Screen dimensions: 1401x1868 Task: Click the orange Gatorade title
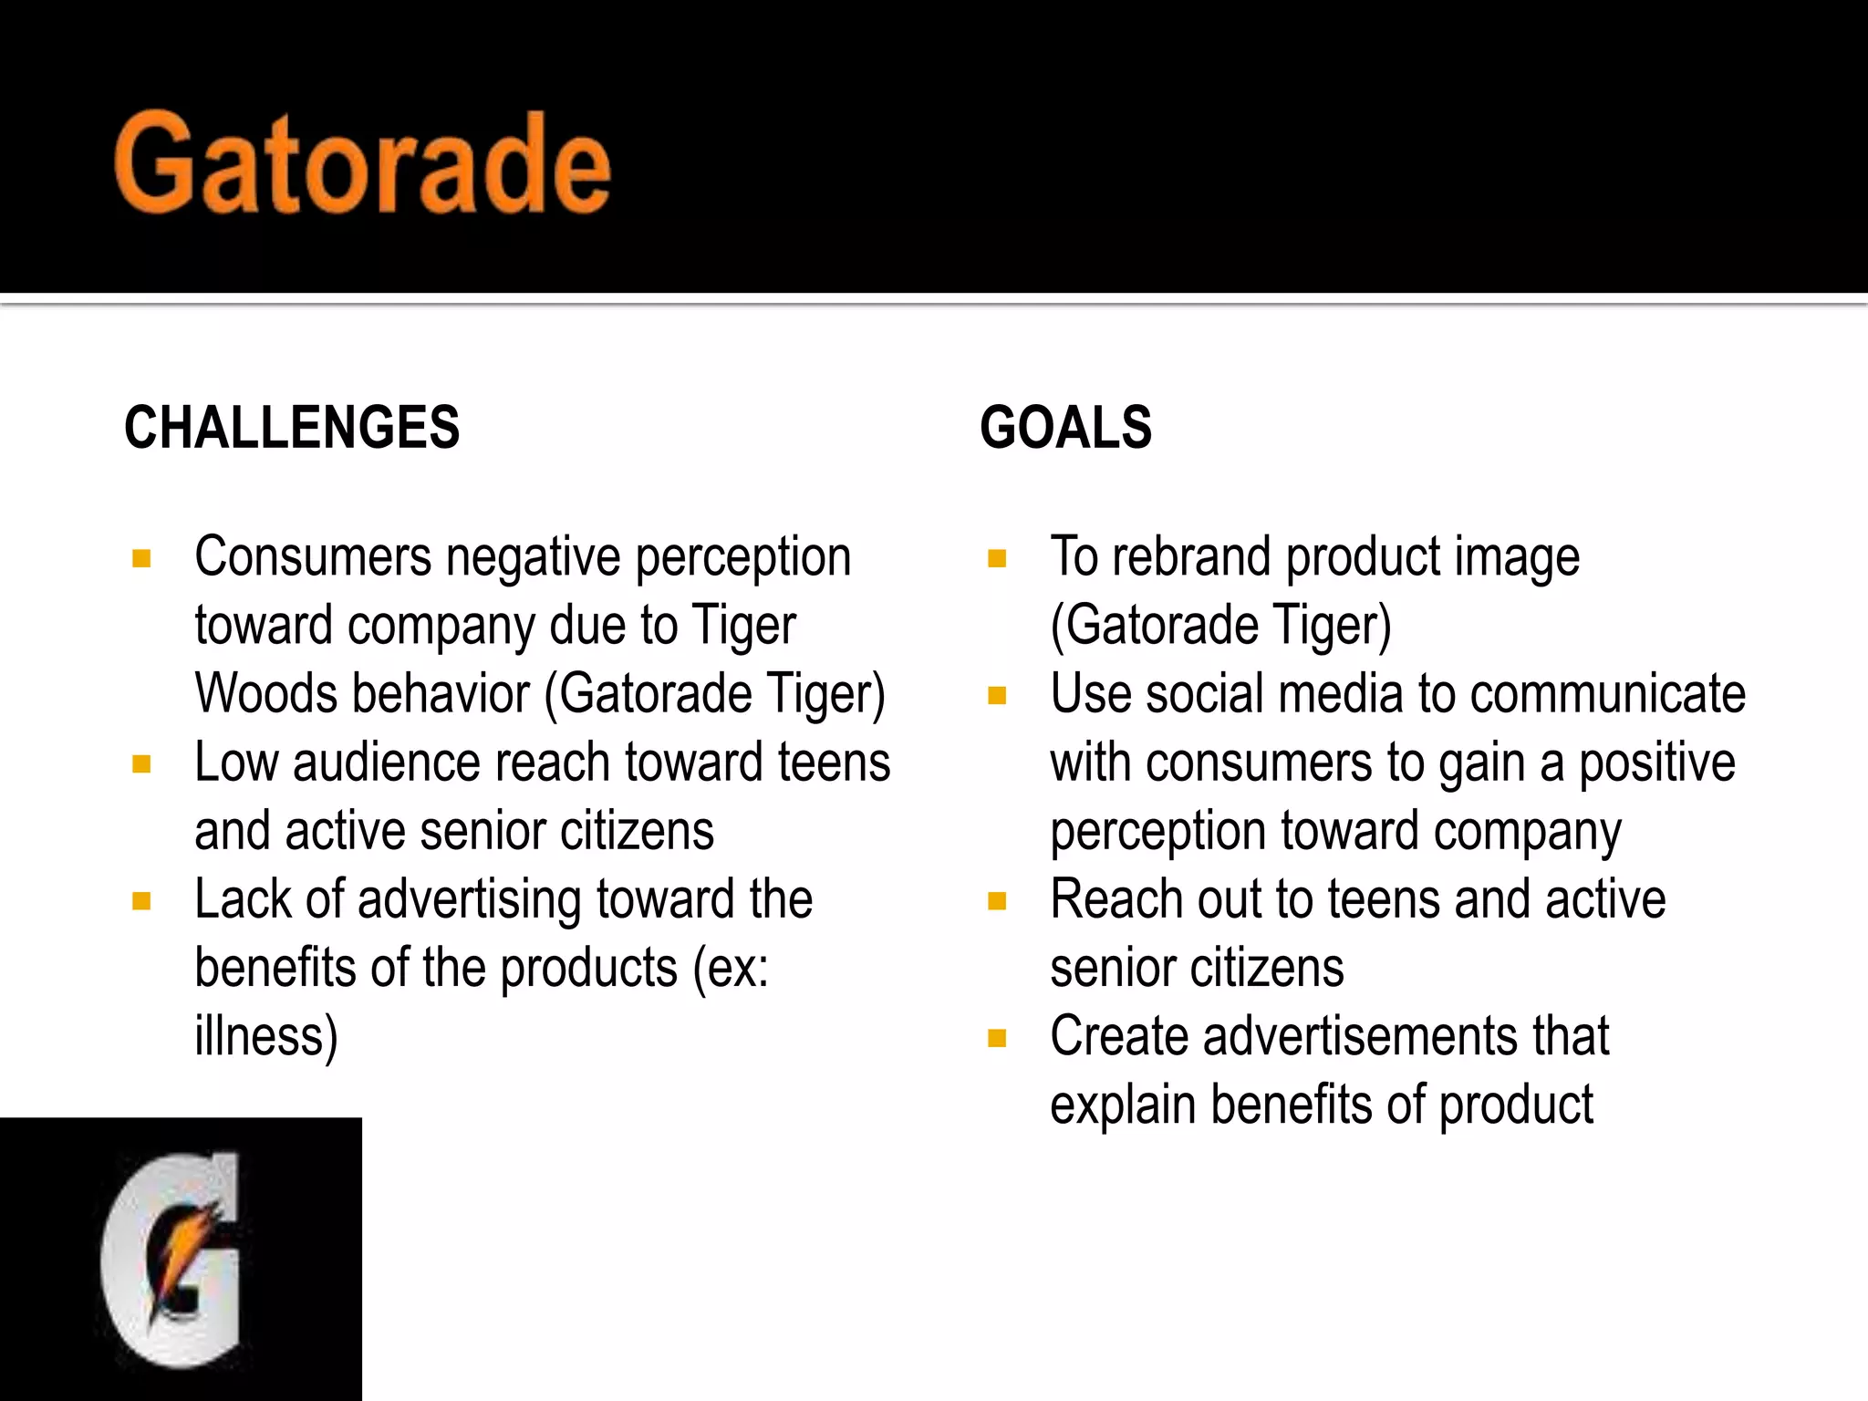363,164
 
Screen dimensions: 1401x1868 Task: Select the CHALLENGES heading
292,427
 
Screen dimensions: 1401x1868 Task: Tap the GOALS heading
1065,427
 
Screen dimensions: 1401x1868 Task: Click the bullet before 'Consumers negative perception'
141,558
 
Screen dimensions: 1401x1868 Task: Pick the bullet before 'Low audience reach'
141,763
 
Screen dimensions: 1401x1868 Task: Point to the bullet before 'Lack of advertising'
141,901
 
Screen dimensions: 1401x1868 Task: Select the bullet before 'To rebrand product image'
997,558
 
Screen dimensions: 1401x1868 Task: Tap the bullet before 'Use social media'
997,696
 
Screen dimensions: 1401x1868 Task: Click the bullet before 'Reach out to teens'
997,901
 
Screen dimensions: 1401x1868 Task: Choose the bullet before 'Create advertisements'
997,1038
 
